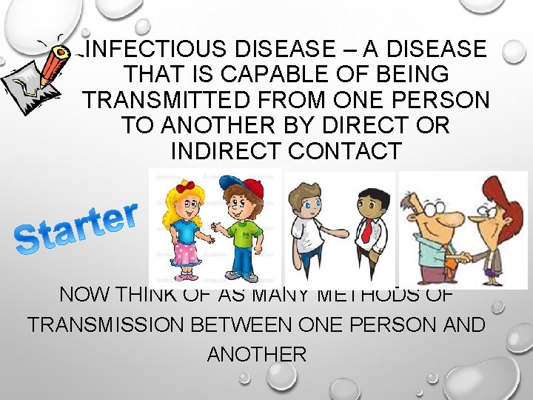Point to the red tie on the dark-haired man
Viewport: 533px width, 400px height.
coord(366,229)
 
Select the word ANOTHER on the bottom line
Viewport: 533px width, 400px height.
coord(256,354)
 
